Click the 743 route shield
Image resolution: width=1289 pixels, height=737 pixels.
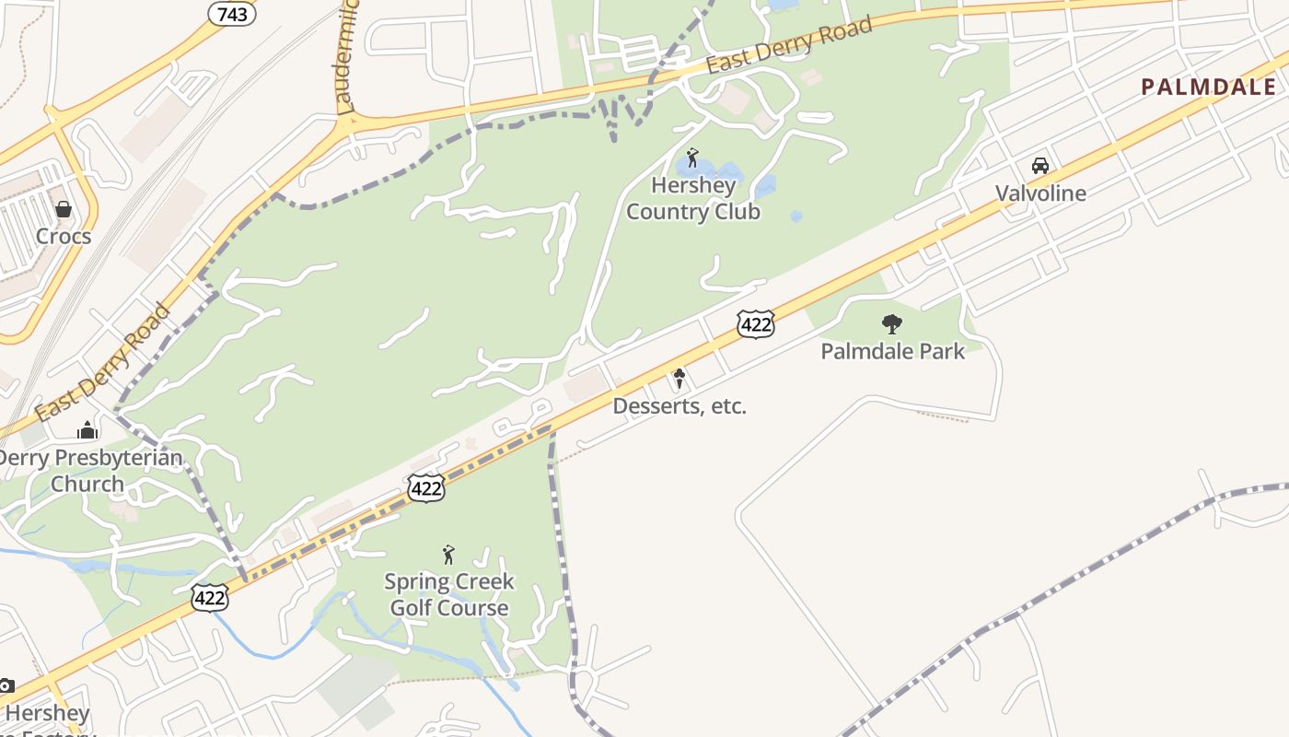(x=232, y=13)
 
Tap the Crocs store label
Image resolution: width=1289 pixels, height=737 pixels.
(x=64, y=236)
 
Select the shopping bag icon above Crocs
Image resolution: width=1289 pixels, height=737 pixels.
(x=64, y=209)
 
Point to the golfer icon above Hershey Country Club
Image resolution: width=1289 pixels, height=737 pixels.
(x=692, y=158)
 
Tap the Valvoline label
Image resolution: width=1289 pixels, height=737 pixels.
(x=1040, y=193)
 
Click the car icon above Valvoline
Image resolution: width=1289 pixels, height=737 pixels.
(x=1040, y=166)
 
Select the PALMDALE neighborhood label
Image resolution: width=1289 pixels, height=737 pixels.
(x=1208, y=88)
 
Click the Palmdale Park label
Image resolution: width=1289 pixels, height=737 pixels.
(x=892, y=351)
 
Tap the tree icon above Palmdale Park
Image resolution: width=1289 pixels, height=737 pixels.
(x=891, y=323)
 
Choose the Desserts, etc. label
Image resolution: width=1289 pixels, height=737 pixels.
(x=679, y=406)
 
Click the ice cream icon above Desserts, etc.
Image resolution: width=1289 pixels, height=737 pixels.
(x=679, y=378)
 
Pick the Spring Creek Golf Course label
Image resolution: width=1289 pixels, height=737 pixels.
(x=449, y=594)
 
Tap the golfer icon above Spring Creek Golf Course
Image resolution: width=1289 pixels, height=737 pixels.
(x=448, y=554)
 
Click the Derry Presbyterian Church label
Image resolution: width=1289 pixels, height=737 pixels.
(x=89, y=471)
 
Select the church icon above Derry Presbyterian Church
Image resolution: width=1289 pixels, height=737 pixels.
(x=87, y=429)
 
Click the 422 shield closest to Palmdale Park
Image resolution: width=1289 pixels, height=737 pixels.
(x=755, y=323)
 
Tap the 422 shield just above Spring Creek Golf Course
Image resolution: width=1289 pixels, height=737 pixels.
(x=426, y=487)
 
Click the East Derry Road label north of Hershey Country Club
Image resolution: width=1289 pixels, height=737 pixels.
(x=789, y=46)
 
